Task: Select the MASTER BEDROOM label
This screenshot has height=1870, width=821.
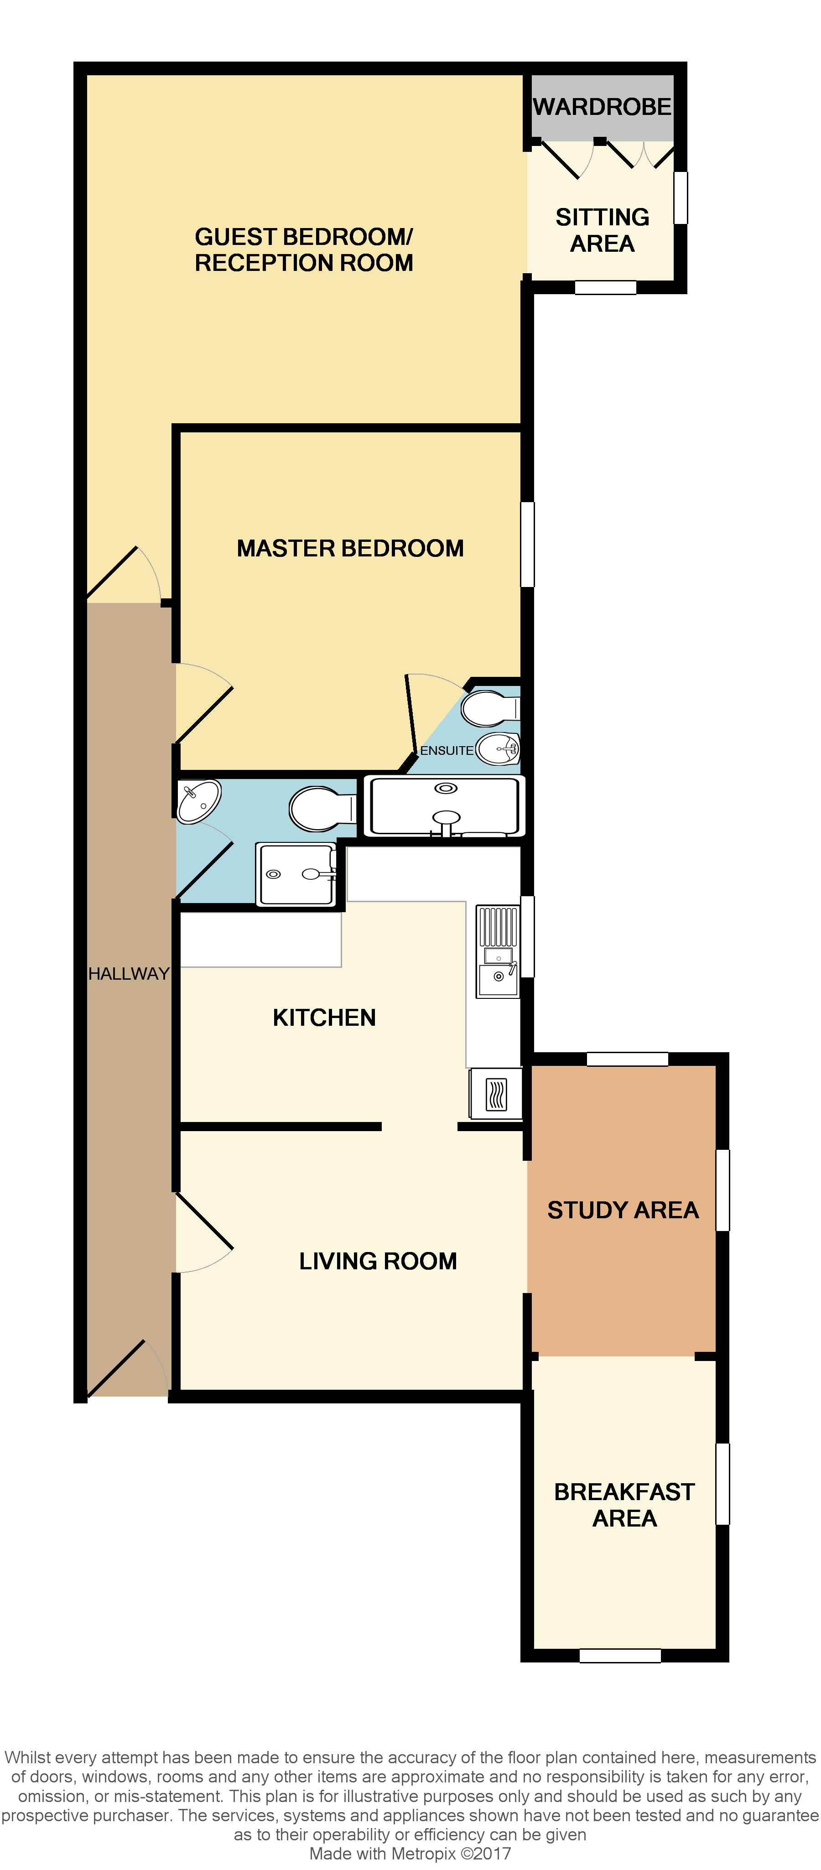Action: [350, 548]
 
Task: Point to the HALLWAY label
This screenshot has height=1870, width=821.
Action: [129, 973]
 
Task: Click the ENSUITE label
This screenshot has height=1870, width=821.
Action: [447, 750]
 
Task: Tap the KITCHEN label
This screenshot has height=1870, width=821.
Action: [324, 1017]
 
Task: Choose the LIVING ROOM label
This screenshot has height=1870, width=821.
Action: [378, 1261]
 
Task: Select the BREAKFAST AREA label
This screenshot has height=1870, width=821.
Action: [624, 1505]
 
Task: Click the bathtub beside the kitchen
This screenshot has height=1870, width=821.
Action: [444, 806]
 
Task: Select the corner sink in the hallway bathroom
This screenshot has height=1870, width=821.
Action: [197, 801]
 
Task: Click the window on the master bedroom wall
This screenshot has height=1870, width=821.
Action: [528, 545]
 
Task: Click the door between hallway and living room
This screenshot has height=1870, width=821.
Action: [203, 1232]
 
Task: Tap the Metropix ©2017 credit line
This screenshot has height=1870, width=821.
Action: [410, 1853]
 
